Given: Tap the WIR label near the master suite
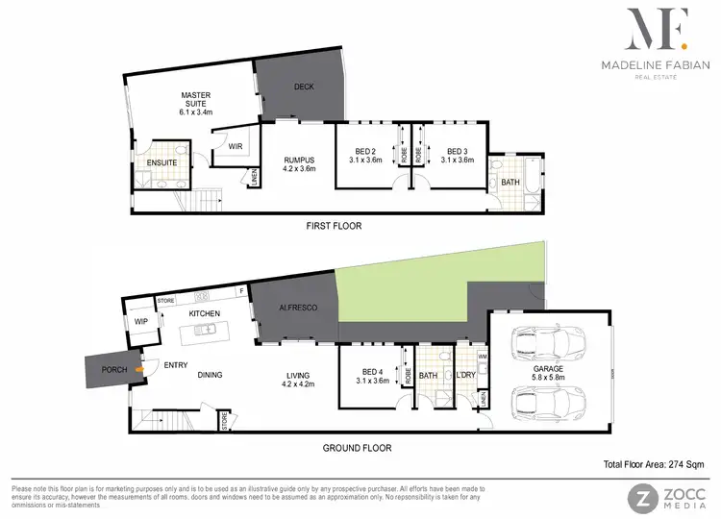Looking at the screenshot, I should coord(234,146).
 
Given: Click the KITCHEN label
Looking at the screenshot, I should coord(206,313).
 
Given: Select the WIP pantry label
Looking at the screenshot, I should coord(140,322).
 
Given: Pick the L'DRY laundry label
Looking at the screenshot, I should coord(466,376).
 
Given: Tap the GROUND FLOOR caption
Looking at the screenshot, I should coord(356,447).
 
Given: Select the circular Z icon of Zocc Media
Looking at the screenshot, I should coord(640,497).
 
